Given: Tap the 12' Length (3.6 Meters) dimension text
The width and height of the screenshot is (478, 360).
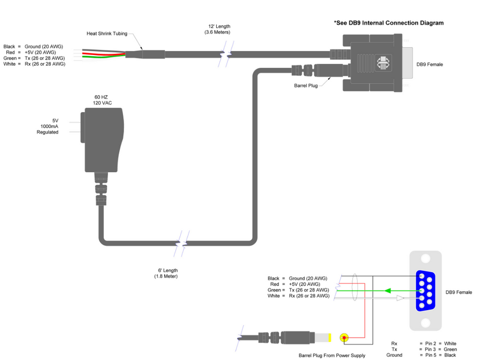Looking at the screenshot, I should (217, 29).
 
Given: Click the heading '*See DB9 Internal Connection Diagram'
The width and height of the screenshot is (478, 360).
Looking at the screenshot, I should (388, 23).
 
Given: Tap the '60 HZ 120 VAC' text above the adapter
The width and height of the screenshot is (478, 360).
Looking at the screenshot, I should (103, 100).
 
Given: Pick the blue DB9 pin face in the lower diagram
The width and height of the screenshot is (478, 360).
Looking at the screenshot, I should (425, 291).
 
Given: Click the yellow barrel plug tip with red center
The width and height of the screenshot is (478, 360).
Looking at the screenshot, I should (343, 338).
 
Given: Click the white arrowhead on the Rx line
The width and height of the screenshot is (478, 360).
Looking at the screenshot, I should (400, 297).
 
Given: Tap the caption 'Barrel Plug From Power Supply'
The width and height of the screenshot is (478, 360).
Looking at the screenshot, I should (332, 355).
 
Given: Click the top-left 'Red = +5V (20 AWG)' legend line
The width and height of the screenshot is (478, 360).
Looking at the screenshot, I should (34, 52).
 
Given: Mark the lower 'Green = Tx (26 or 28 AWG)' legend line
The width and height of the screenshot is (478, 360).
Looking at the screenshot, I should (298, 290).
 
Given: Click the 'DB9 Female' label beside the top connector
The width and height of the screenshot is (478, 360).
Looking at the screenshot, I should (430, 64).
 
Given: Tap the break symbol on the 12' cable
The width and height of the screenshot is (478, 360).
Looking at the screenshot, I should (225, 53).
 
